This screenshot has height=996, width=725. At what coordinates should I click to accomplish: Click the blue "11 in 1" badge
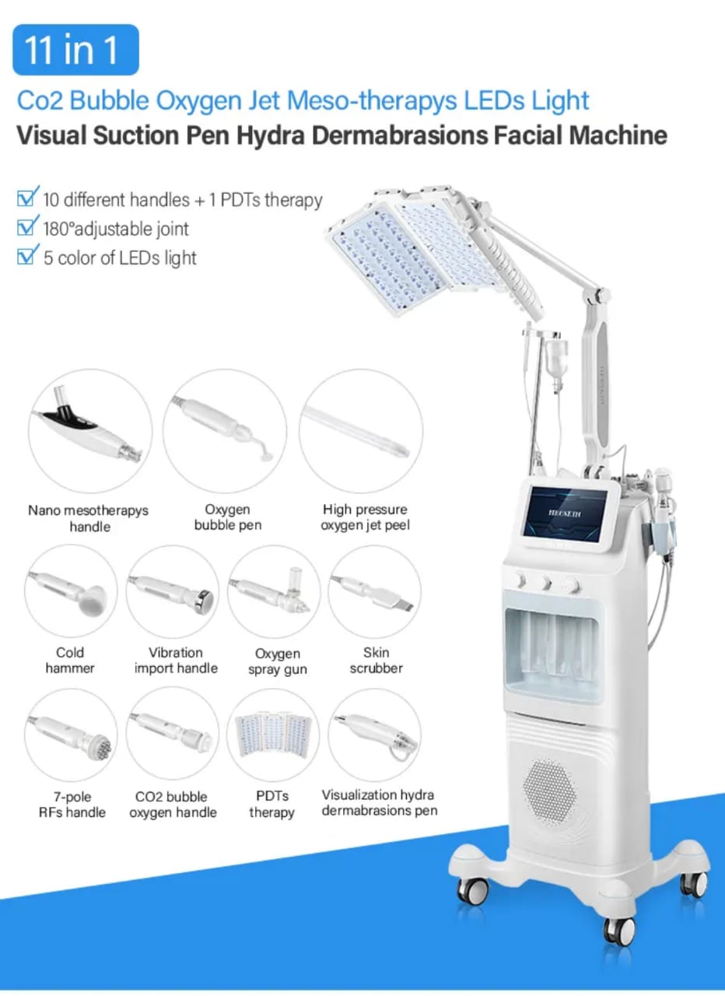pos(75,49)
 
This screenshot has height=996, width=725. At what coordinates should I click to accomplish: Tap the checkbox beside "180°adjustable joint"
pos(27,228)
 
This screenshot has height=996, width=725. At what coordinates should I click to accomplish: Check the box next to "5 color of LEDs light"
pos(27,256)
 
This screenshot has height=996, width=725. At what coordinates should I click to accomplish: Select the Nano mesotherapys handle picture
pos(90,430)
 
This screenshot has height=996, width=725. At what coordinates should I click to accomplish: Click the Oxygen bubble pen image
pos(224,430)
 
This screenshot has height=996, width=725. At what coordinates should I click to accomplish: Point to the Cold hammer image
pos(71,591)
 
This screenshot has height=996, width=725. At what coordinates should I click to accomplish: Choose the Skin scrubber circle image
pos(374,591)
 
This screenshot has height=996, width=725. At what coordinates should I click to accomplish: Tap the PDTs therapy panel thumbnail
pos(273,735)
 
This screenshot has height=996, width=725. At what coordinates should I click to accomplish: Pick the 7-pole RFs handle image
pos(71,735)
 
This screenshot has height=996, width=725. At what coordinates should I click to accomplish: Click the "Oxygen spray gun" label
pos(277,661)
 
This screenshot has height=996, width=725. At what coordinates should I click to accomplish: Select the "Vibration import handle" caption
pos(176,660)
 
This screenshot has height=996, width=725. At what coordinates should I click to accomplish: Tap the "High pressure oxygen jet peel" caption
pos(365,517)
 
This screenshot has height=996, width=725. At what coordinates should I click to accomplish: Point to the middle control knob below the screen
pos(547,581)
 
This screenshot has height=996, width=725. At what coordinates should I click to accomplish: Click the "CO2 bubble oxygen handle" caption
pos(173,805)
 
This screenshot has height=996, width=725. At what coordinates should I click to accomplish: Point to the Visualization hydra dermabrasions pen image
pos(374,735)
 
